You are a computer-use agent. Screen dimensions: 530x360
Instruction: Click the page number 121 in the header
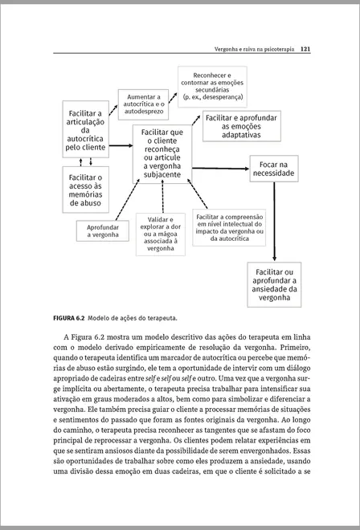[305, 48]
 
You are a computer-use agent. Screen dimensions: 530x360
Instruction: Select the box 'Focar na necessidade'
[275, 169]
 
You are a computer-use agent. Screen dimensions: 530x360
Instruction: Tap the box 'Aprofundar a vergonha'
[103, 231]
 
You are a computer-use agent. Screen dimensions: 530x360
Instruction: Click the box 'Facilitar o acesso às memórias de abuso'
[86, 190]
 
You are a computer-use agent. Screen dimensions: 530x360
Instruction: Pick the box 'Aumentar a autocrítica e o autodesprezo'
[145, 104]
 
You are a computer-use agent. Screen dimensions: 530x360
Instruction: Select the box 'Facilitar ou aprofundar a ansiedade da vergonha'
[274, 284]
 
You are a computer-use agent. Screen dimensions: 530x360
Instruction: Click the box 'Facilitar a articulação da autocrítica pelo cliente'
[86, 131]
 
